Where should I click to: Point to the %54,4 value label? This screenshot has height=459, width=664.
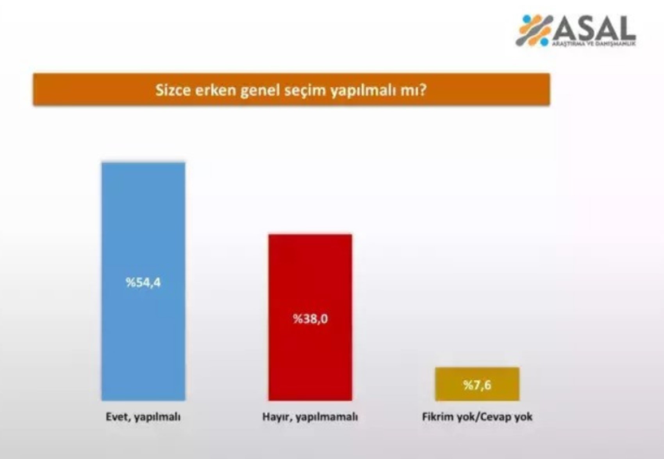click(x=143, y=282)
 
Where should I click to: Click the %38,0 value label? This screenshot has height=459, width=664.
click(x=311, y=319)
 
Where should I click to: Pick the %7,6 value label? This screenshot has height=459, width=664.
click(x=477, y=385)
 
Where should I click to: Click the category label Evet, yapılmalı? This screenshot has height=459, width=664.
click(x=143, y=417)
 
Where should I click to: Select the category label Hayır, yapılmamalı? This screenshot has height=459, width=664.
click(x=310, y=417)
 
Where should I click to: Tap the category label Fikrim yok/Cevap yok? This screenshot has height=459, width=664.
click(x=477, y=417)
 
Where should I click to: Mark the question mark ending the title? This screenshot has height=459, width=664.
click(x=423, y=90)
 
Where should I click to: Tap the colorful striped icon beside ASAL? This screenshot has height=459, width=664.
click(x=534, y=30)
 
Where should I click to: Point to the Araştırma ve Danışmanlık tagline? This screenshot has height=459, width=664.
click(x=594, y=43)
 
